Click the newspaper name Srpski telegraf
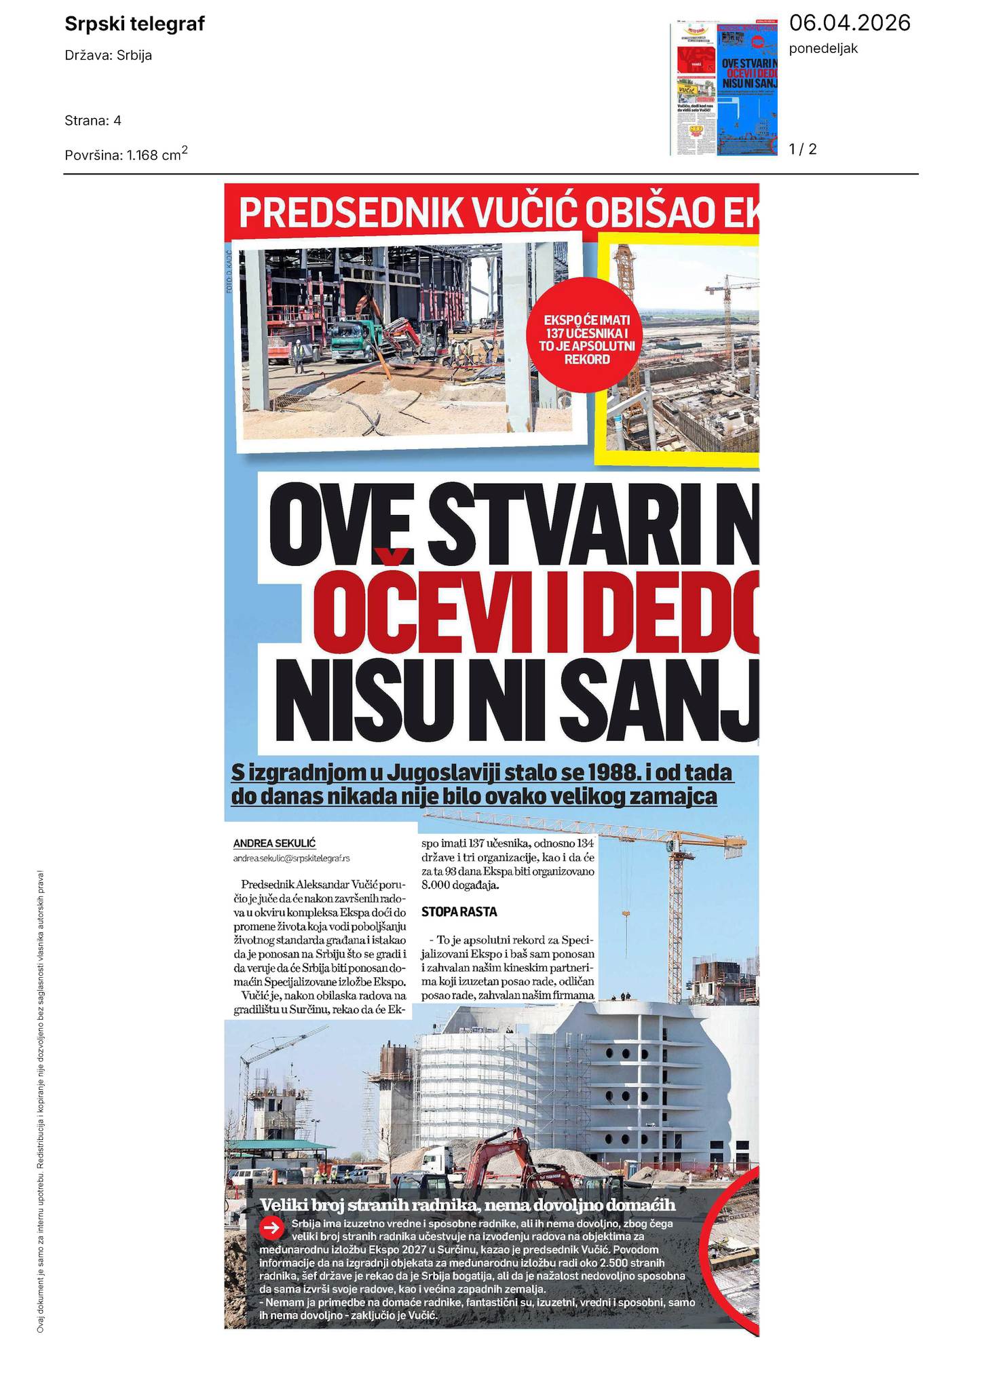(134, 24)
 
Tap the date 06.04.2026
(849, 23)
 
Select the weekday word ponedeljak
(823, 49)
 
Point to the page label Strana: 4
(93, 121)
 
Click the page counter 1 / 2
(803, 149)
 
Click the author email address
(291, 858)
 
